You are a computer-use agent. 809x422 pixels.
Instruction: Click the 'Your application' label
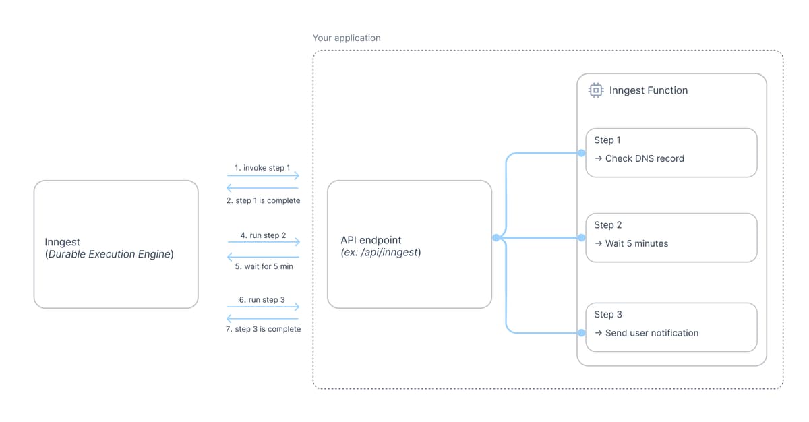pyautogui.click(x=347, y=38)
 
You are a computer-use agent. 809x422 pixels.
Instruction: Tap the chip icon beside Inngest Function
pyautogui.click(x=596, y=90)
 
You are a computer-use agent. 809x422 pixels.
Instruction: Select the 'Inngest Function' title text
pyautogui.click(x=648, y=90)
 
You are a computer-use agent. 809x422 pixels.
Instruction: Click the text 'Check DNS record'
pyautogui.click(x=645, y=159)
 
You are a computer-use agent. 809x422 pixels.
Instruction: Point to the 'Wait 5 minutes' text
pyautogui.click(x=636, y=243)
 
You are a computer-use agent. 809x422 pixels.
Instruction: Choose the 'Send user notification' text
pyautogui.click(x=651, y=333)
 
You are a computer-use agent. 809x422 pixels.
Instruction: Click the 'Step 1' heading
pyautogui.click(x=607, y=140)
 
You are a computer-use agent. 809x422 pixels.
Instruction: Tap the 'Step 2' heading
pyautogui.click(x=607, y=225)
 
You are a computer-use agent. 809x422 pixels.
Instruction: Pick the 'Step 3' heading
pyautogui.click(x=607, y=315)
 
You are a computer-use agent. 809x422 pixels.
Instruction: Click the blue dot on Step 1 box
pyautogui.click(x=581, y=153)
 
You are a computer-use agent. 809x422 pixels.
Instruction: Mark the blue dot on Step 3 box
pyautogui.click(x=581, y=332)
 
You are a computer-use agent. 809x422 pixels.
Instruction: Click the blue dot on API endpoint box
pyautogui.click(x=496, y=237)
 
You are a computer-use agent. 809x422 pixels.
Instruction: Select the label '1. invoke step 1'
pyautogui.click(x=263, y=167)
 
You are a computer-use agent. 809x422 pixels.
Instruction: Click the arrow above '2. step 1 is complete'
pyautogui.click(x=263, y=188)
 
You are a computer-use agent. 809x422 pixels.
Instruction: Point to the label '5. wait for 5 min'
pyautogui.click(x=263, y=266)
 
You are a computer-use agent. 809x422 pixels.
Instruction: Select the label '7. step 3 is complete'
pyautogui.click(x=263, y=329)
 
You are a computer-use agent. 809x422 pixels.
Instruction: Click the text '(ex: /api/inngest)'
pyautogui.click(x=381, y=253)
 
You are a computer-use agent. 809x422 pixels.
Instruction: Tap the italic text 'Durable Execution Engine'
pyautogui.click(x=110, y=255)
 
